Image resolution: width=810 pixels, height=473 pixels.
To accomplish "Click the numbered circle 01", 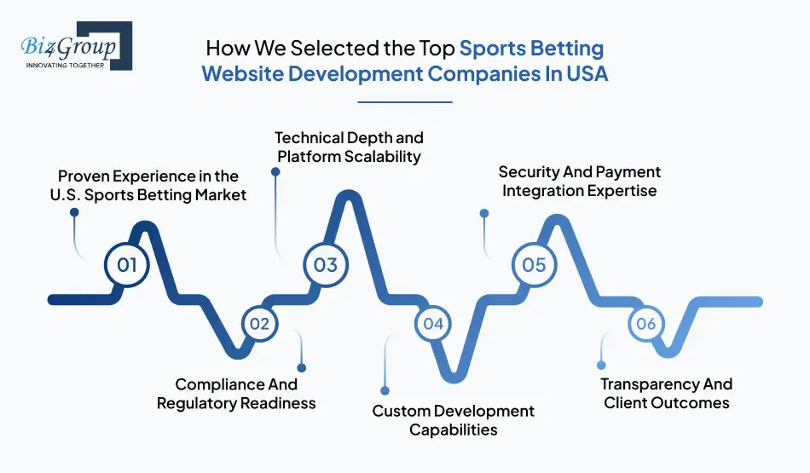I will click(127, 264).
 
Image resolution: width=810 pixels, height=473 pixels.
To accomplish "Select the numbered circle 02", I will click(260, 324).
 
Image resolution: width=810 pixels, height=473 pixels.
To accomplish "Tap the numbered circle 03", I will click(326, 264).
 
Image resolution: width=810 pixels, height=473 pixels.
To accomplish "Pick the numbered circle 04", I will click(434, 324).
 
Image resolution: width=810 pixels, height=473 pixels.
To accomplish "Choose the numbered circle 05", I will click(534, 264).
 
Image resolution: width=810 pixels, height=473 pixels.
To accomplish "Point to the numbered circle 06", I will click(646, 324).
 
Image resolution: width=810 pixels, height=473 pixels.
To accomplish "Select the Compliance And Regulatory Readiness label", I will click(236, 394).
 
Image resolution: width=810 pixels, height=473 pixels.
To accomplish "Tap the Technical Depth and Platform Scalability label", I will click(349, 147).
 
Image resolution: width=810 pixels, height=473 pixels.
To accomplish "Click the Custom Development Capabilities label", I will click(453, 420).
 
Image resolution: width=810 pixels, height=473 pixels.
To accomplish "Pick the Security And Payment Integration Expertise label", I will click(579, 181).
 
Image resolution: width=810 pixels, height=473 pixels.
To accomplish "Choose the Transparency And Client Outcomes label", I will click(667, 393).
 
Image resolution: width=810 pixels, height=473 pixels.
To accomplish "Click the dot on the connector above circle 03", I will click(275, 171).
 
